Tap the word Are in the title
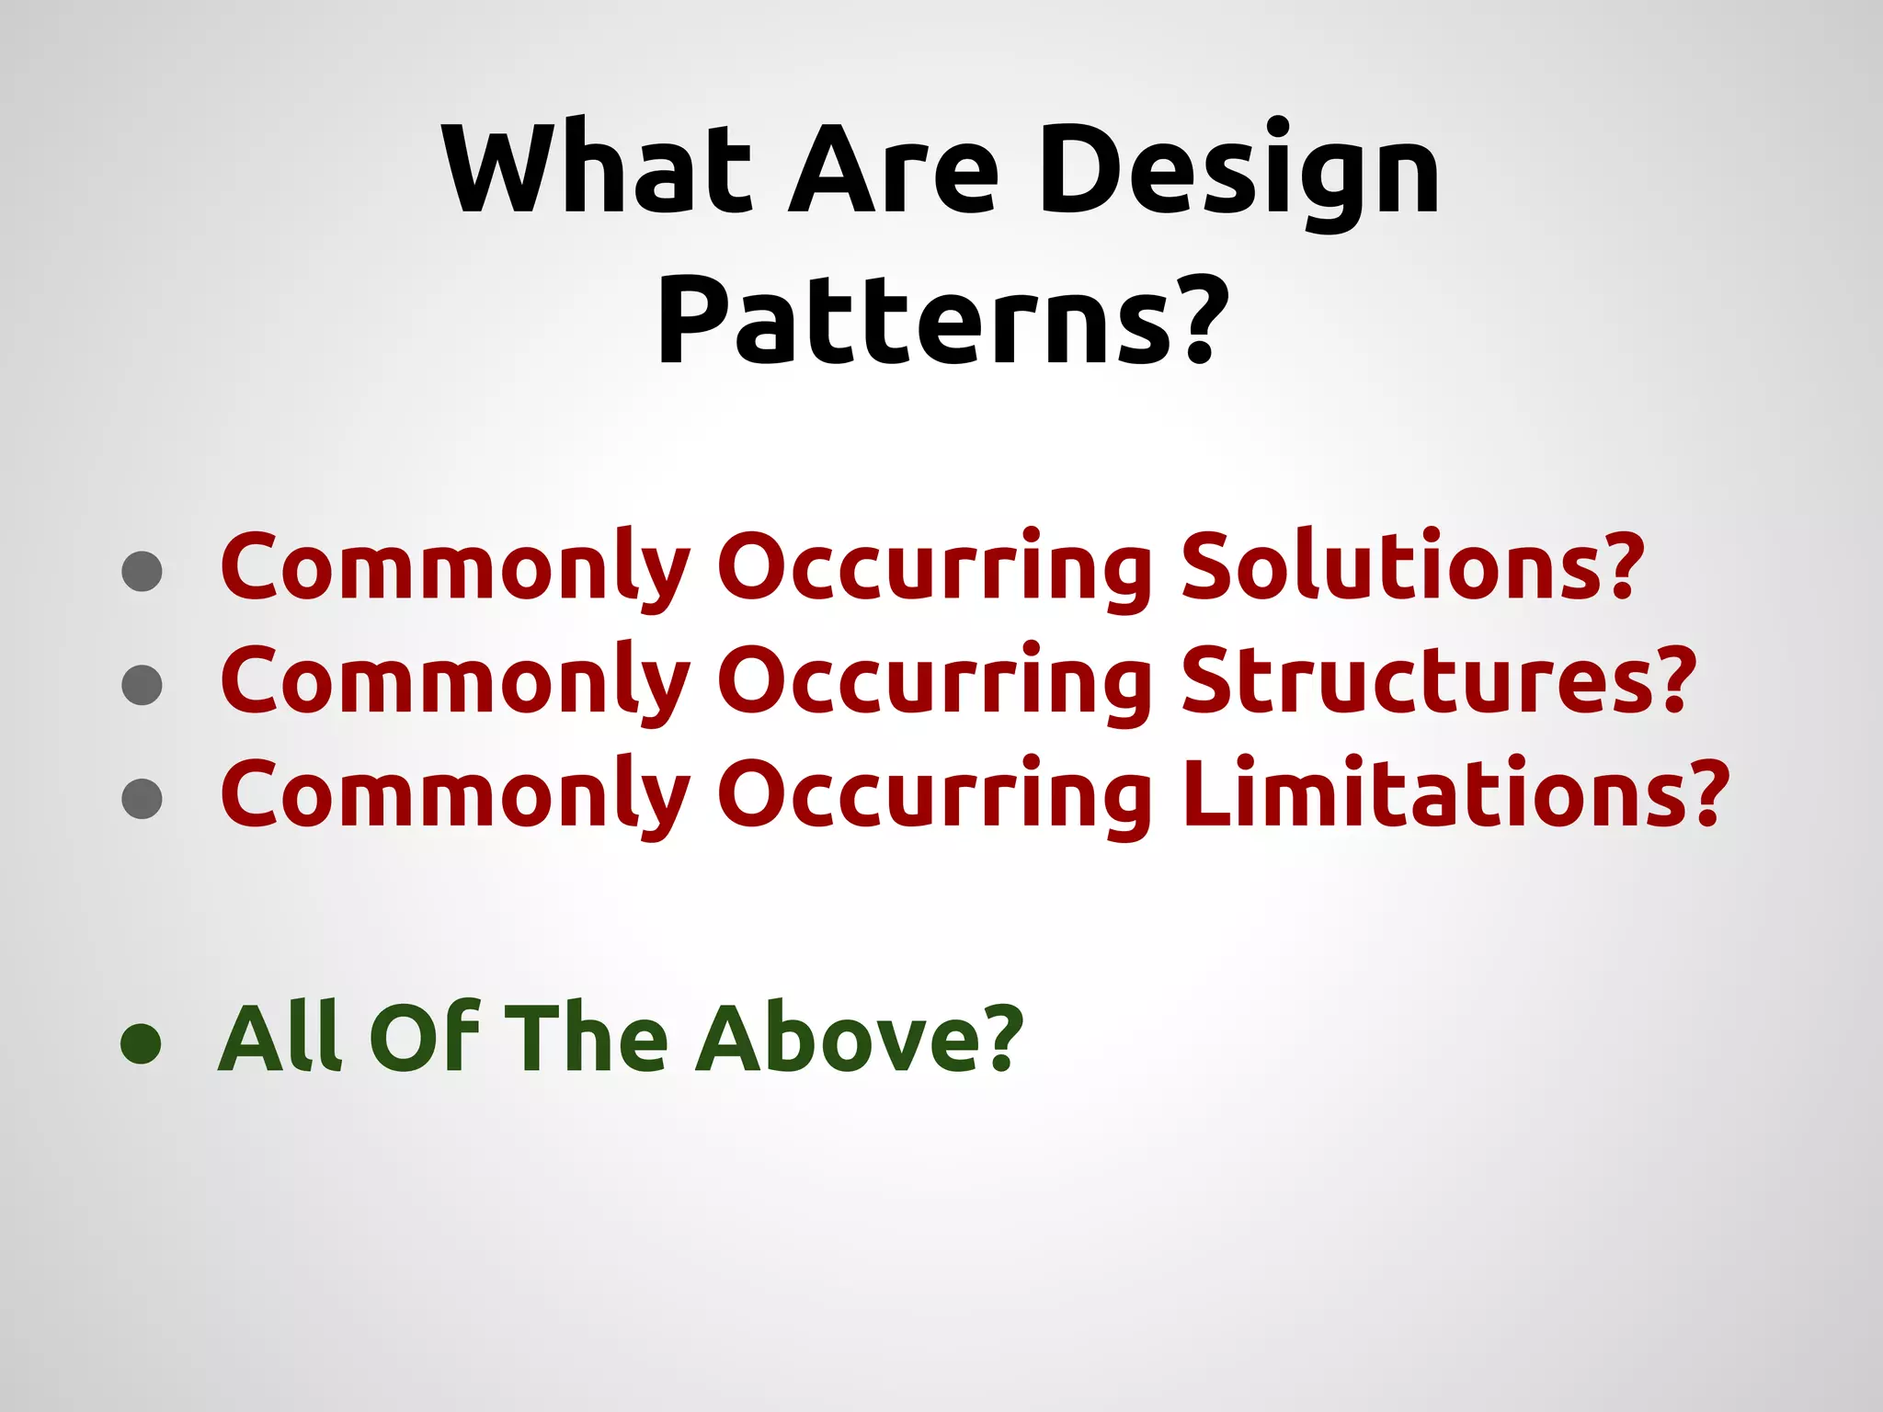[893, 169]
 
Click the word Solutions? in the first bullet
[1412, 566]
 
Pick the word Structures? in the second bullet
[1438, 680]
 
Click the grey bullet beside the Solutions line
[142, 571]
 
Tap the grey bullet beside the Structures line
[142, 685]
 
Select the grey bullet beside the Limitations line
[142, 798]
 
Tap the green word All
[281, 1039]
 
